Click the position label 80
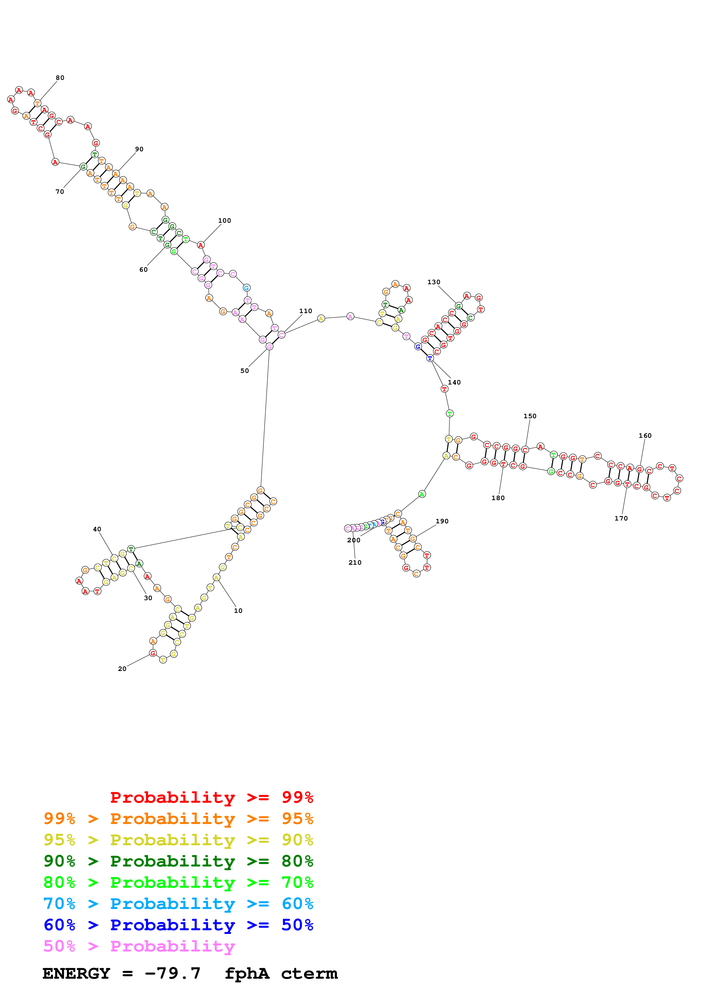click(x=60, y=78)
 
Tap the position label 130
click(x=434, y=282)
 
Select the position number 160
click(x=645, y=436)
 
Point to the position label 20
click(x=122, y=669)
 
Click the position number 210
click(x=355, y=563)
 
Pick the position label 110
click(x=305, y=311)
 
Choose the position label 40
click(x=97, y=530)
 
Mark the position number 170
click(x=621, y=519)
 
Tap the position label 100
click(x=224, y=221)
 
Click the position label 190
click(x=442, y=521)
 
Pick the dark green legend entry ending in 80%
click(x=178, y=861)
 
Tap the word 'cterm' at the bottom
click(x=309, y=974)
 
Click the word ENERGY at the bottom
click(x=76, y=974)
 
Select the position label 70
click(x=60, y=192)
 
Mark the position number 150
click(x=530, y=417)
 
